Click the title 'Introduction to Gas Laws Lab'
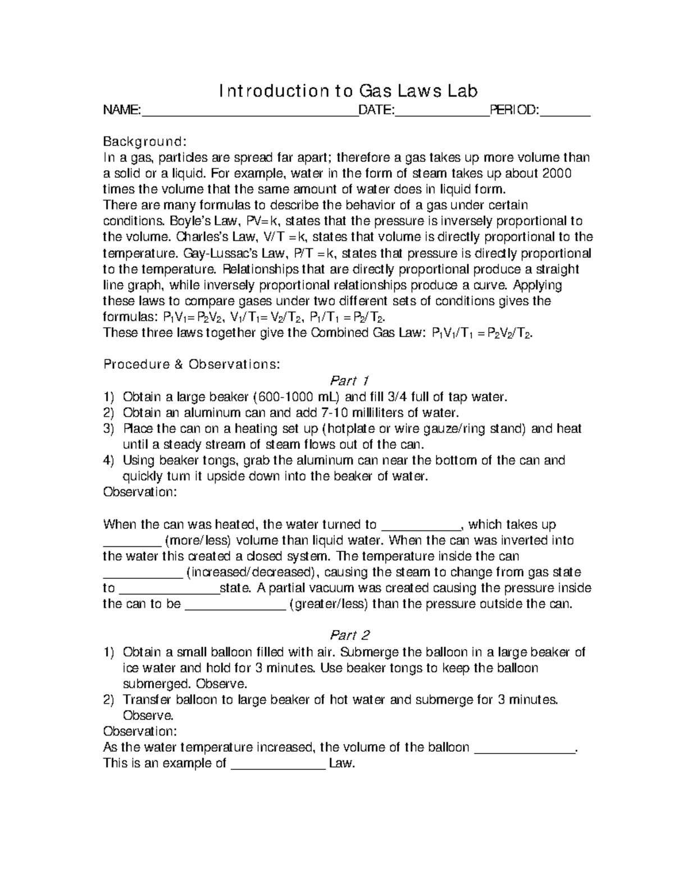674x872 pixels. click(x=348, y=91)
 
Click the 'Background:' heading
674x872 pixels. click(x=144, y=140)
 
